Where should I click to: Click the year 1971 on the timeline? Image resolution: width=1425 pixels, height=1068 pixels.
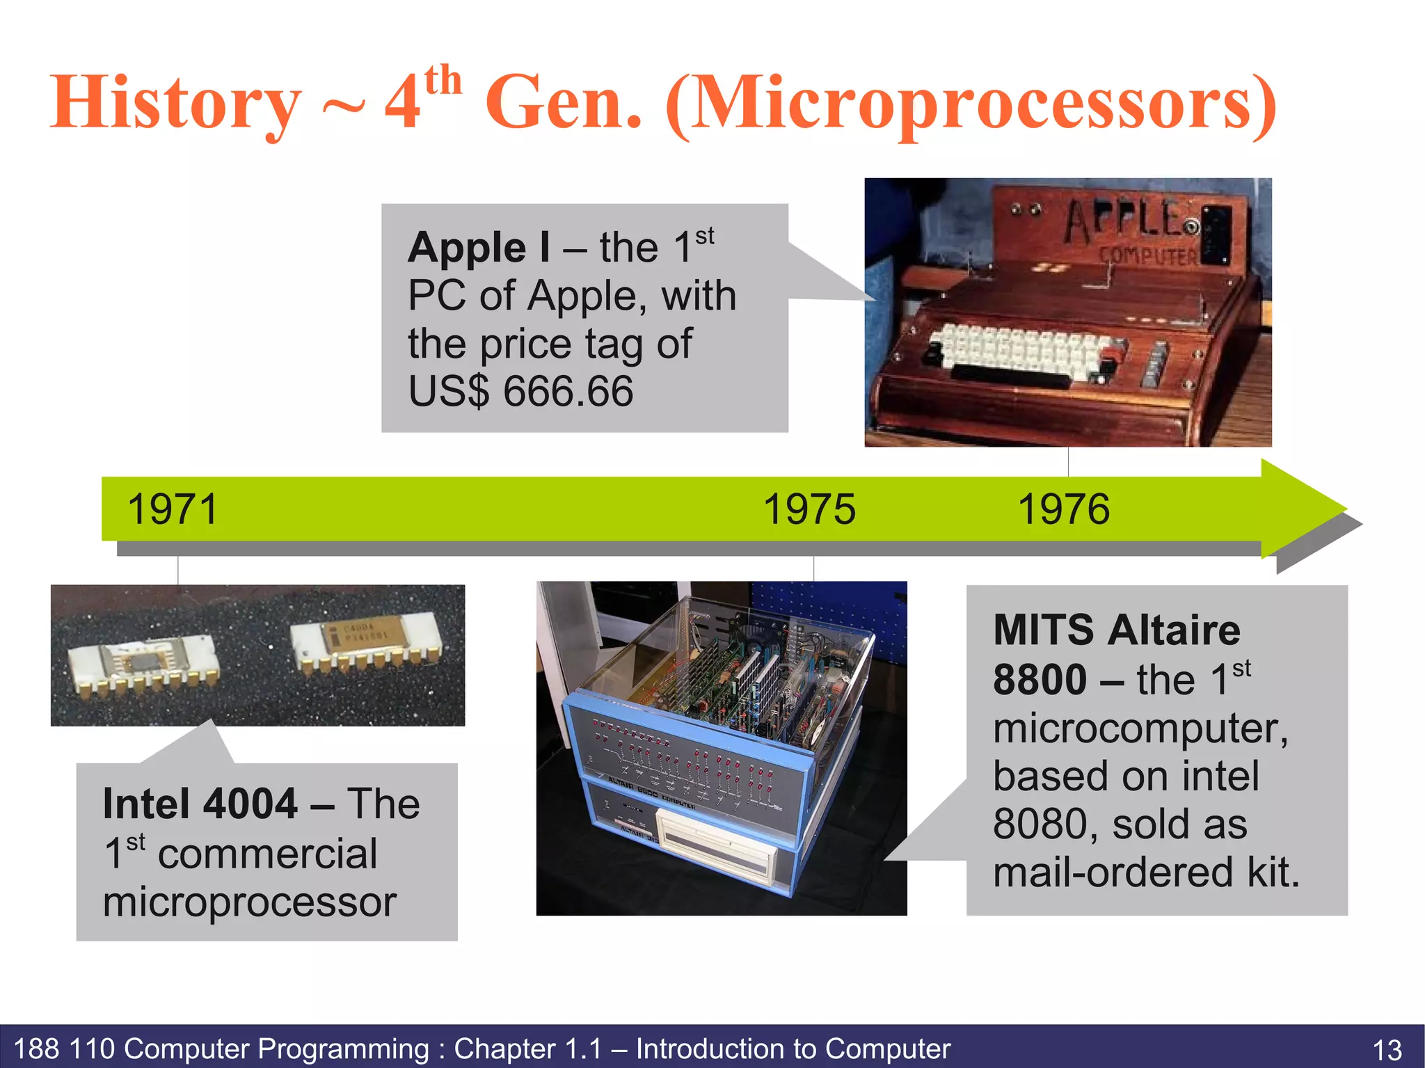click(173, 509)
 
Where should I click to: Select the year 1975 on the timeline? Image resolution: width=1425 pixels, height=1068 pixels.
click(809, 509)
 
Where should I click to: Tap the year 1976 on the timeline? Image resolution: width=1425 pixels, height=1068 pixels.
click(1063, 509)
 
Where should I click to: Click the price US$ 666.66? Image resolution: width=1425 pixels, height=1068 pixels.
click(520, 391)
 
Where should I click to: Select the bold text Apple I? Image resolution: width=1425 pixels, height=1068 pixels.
click(479, 248)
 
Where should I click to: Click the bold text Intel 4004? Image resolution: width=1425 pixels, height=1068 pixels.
click(200, 804)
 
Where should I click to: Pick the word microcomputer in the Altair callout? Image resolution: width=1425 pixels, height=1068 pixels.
click(1140, 728)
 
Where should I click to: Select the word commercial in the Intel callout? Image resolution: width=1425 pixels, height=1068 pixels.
click(267, 854)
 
